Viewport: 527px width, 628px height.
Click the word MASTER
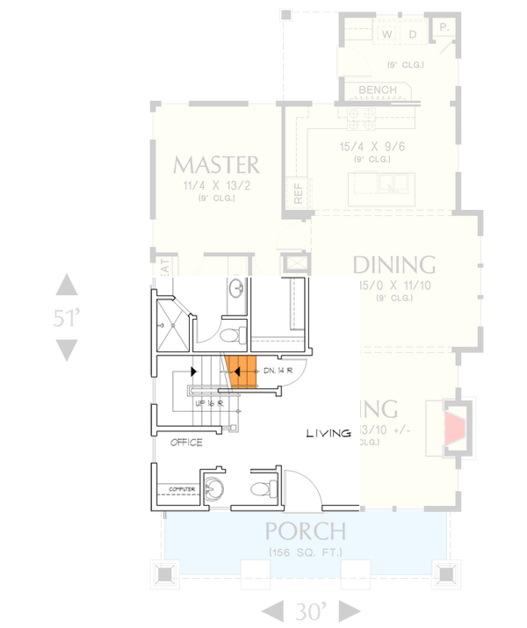coord(216,164)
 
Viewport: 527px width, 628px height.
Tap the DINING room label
coord(394,264)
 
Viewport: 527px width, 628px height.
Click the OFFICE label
coord(187,442)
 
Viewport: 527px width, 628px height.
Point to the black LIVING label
coord(328,433)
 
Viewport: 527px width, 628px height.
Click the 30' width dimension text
coord(313,610)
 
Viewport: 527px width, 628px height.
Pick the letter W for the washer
coord(387,34)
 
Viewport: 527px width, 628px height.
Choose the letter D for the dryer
coord(412,34)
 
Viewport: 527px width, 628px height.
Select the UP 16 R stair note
coord(209,402)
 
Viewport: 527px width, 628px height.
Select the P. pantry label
coord(444,28)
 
